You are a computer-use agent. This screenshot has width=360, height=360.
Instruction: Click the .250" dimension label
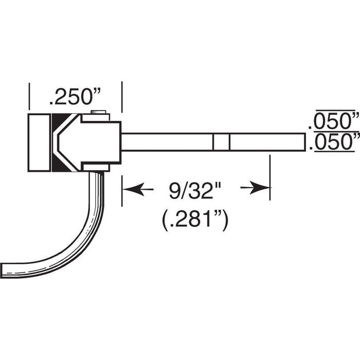click(75, 97)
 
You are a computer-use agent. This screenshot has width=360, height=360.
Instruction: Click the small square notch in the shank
click(221, 142)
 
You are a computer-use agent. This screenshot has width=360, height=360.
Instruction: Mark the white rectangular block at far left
click(40, 142)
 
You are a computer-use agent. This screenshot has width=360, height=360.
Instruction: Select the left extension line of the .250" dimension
click(29, 98)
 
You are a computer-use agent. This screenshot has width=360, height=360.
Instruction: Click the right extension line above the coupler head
click(121, 98)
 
